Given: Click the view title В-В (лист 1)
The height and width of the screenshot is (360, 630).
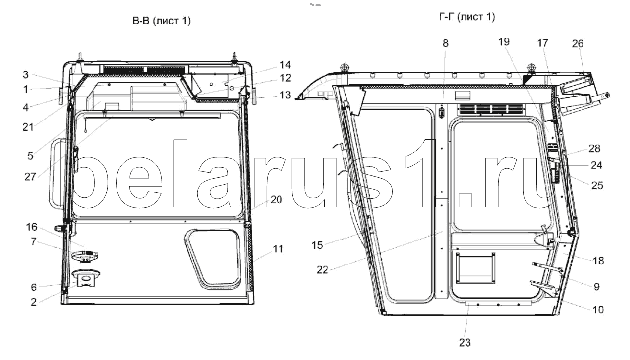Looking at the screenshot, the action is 162,21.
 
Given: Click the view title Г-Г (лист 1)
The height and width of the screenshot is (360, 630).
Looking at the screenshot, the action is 467,17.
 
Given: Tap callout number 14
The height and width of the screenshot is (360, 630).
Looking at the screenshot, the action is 285,65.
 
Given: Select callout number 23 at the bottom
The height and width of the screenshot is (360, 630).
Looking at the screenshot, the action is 465,343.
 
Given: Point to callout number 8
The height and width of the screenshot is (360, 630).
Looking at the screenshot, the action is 445,43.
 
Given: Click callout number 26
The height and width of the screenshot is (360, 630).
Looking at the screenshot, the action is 578,43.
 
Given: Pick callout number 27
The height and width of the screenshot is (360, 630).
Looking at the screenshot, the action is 30,177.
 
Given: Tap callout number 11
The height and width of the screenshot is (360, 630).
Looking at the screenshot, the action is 278,249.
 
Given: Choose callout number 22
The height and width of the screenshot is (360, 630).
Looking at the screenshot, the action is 322,270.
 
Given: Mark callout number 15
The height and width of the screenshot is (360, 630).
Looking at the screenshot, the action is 317,245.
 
